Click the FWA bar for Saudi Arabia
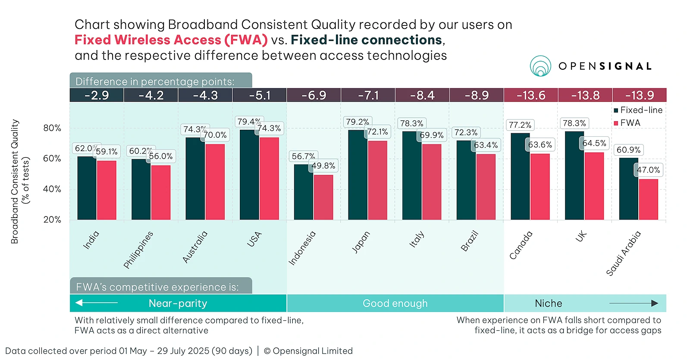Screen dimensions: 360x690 [648, 199]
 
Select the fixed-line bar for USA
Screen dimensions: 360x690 [249, 175]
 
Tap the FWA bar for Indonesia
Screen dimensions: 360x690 [323, 197]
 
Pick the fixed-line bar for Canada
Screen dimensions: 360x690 [520, 176]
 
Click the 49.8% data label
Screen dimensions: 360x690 [323, 166]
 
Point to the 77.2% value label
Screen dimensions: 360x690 [520, 125]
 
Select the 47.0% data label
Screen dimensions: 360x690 [649, 170]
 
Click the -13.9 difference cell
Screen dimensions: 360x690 [639, 95]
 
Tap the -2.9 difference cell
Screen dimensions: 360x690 [97, 95]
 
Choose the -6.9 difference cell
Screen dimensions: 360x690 [314, 95]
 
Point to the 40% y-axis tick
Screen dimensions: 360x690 [52, 189]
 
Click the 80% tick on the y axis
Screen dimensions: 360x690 [52, 128]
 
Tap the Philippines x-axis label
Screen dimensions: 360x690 [138, 250]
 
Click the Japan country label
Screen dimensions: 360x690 [361, 242]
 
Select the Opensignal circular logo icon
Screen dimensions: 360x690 [540, 66]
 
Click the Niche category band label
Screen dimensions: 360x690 [548, 304]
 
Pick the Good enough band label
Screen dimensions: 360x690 [395, 304]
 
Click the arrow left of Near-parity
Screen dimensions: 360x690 [96, 303]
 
